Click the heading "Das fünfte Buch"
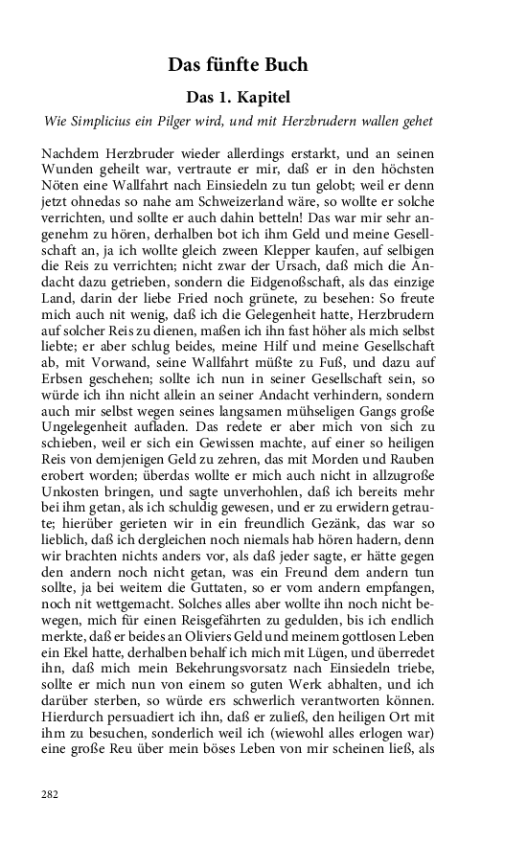238,65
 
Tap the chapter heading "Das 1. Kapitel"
237,98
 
